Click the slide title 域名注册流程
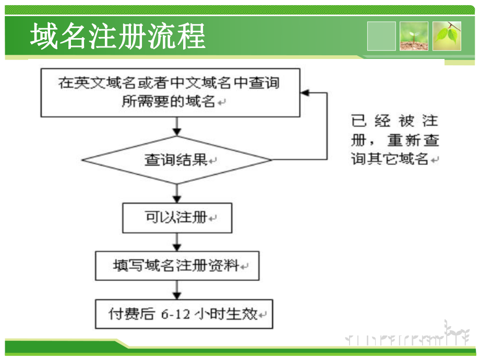(x=117, y=37)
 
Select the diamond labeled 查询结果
(x=177, y=160)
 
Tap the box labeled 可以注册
(x=177, y=218)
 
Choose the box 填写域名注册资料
(x=177, y=266)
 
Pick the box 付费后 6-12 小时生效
(x=184, y=314)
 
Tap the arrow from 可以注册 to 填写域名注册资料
(x=177, y=242)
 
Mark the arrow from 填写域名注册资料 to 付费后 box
(x=177, y=289)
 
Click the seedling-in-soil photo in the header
(x=414, y=36)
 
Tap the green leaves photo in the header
(x=447, y=36)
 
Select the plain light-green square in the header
(x=381, y=36)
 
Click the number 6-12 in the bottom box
(x=176, y=314)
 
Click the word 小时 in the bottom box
(x=209, y=314)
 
